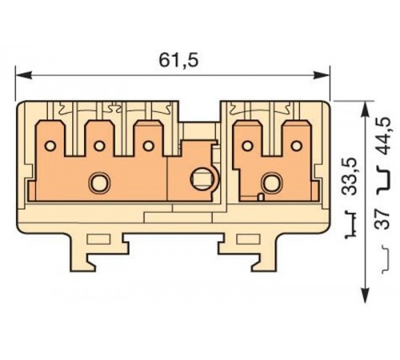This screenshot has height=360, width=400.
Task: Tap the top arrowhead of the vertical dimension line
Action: (366, 106)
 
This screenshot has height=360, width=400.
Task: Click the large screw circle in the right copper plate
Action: (273, 183)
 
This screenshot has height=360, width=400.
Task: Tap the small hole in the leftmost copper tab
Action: (50, 146)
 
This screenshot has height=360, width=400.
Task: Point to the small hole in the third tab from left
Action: (149, 146)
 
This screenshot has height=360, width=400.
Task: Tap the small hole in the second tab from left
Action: (99, 146)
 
